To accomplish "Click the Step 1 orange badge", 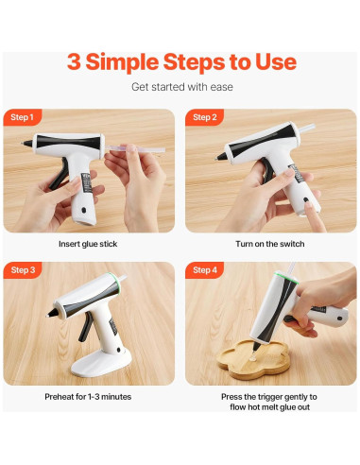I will coord(22,117).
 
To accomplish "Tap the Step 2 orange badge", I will coord(204,117).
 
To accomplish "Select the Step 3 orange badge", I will coord(22,270).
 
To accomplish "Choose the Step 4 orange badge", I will coord(204,270).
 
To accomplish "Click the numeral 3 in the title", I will coord(75,62).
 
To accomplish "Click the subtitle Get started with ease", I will coord(180,87).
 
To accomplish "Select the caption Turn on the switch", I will coord(271,244).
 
